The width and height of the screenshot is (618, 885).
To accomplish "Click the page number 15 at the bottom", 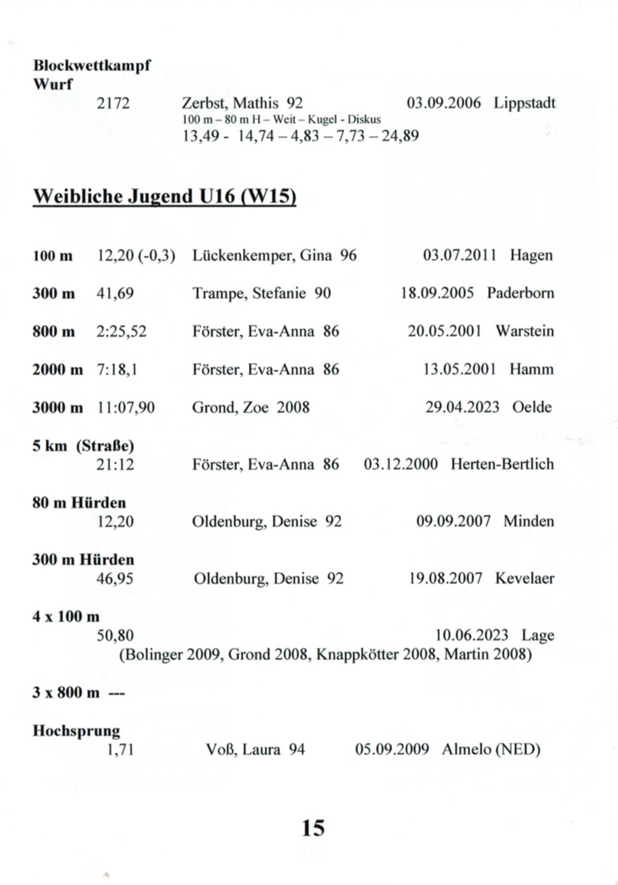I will (x=313, y=828).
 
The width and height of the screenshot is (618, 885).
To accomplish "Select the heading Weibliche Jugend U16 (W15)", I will (x=164, y=197).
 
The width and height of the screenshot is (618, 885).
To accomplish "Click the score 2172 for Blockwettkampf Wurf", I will (x=113, y=103).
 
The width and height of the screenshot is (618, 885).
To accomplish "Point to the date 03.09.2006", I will (x=443, y=103).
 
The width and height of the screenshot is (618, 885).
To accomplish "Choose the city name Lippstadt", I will (x=525, y=103).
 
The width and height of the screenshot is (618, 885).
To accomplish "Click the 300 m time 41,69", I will (x=115, y=293).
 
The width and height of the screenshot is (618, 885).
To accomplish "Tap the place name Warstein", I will (x=525, y=331).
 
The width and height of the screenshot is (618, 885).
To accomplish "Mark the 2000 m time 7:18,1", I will (x=117, y=369).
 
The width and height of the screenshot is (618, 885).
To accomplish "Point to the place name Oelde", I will (x=532, y=407).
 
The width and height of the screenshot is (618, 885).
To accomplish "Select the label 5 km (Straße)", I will (x=83, y=446).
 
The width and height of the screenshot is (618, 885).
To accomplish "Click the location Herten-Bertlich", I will (x=502, y=465).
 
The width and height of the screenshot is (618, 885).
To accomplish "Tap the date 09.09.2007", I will (x=453, y=521).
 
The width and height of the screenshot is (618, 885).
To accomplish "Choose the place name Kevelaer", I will (x=525, y=578).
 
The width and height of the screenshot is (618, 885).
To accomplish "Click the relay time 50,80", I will (x=115, y=635).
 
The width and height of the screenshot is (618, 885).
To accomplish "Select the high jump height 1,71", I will (x=120, y=749).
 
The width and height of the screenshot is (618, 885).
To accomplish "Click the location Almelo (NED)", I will (x=491, y=749).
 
